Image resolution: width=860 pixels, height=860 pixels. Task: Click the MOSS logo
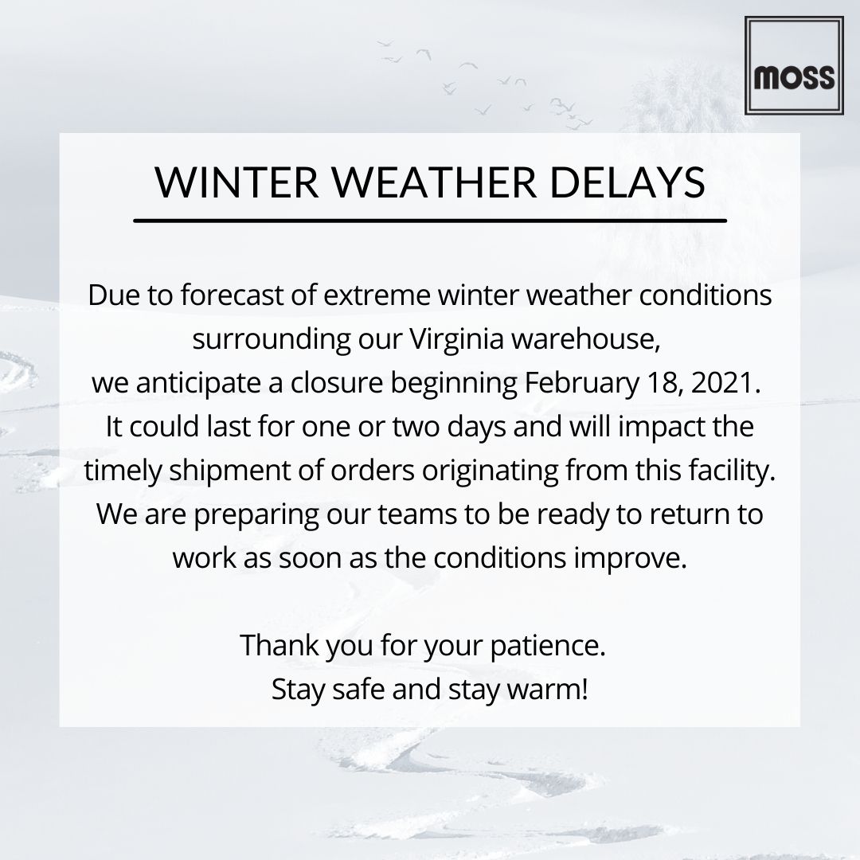click(793, 66)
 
